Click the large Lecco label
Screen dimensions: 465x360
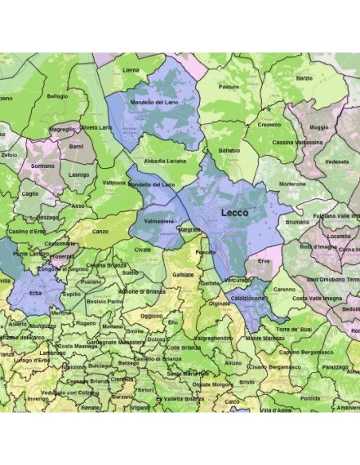[x=233, y=213]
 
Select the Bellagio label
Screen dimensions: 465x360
[x=57, y=96]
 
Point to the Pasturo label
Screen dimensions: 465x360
[x=229, y=87]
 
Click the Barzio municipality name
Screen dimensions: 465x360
[x=304, y=79]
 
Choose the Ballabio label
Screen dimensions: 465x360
[x=229, y=150]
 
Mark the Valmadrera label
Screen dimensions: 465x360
[x=159, y=220]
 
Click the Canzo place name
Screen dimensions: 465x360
[x=100, y=232]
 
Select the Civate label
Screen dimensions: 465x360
[x=143, y=249]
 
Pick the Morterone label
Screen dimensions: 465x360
[x=292, y=183]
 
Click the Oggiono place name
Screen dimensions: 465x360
[x=151, y=315]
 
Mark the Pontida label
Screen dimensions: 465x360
[x=311, y=398]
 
